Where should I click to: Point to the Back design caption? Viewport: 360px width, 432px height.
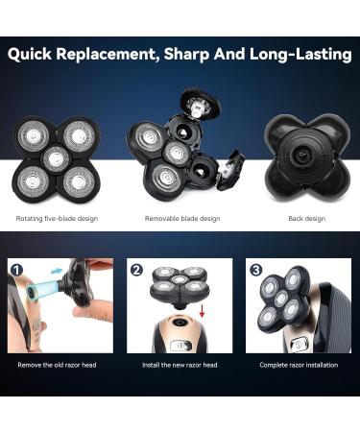(306, 219)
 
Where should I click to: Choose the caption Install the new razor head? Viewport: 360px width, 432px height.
(180, 364)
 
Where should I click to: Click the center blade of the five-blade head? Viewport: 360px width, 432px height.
(55, 156)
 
